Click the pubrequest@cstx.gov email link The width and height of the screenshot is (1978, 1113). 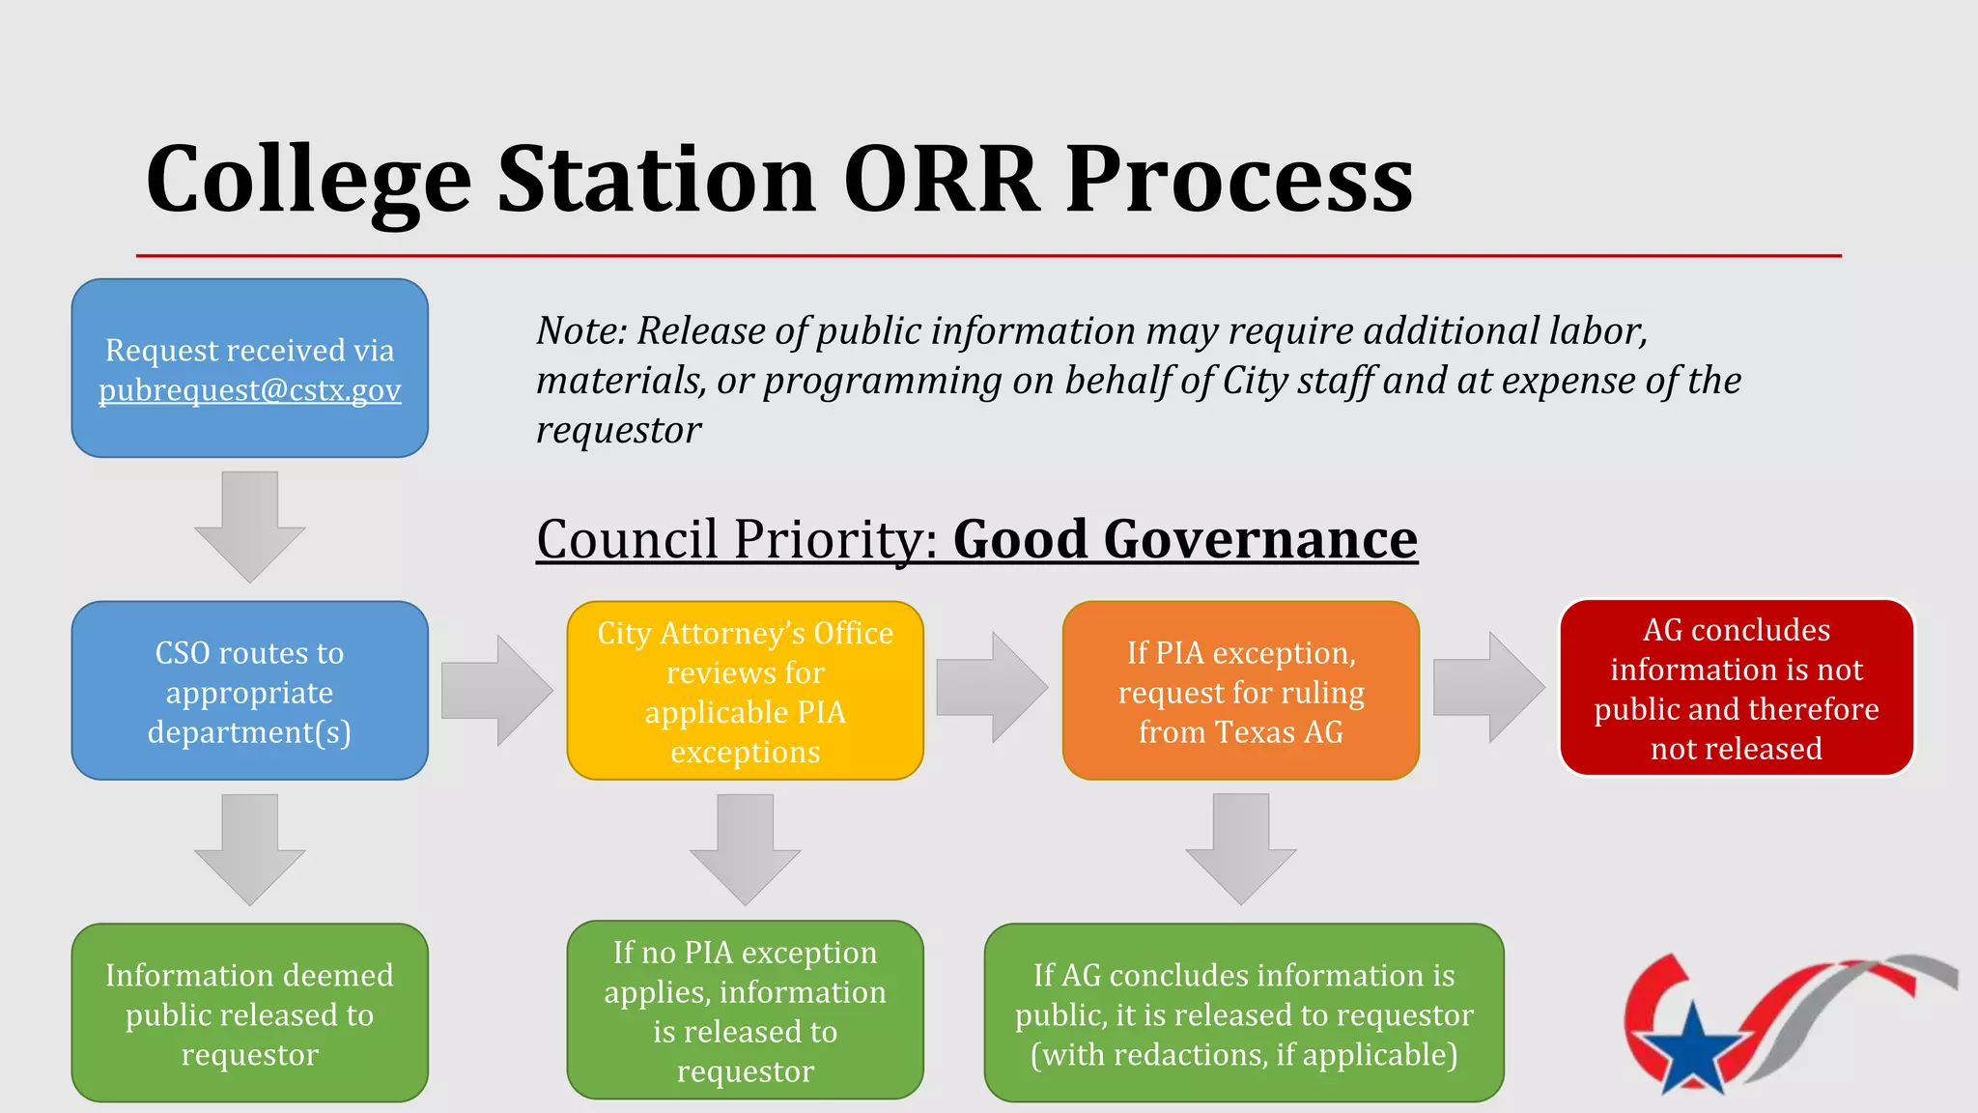249,390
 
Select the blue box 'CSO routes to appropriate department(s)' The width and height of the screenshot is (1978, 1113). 249,691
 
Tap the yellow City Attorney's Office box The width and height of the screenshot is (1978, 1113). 745,691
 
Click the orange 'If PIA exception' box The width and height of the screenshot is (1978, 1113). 1240,691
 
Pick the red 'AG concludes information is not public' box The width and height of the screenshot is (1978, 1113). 1736,688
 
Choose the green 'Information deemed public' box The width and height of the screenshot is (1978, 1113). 249,1013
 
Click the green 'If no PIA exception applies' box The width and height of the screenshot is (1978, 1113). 745,1011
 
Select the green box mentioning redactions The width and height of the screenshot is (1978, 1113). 1244,1013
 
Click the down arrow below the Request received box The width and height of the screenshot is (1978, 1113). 249,527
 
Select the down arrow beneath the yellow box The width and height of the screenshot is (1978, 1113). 745,848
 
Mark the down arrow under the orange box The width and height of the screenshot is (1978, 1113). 1240,848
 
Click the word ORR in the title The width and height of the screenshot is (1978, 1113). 941,180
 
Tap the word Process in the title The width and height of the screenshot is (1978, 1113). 1238,180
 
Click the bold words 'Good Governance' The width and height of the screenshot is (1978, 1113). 1184,539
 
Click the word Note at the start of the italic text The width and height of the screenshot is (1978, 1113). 581,331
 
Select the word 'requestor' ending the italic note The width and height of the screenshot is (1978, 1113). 618,431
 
